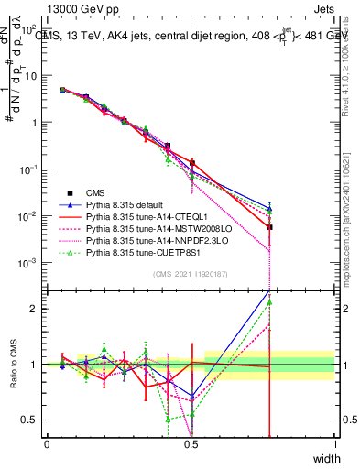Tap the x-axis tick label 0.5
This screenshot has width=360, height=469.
[191, 443]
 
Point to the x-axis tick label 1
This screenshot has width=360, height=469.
[334, 443]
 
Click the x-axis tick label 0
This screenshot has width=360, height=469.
[47, 443]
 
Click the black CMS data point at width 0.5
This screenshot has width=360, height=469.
[191, 163]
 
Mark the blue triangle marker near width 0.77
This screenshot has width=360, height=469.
[269, 208]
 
